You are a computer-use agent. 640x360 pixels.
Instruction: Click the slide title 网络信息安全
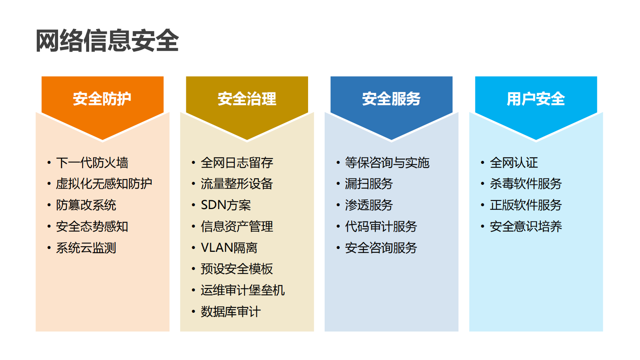click(x=107, y=41)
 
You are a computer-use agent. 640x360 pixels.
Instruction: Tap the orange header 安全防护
click(x=102, y=99)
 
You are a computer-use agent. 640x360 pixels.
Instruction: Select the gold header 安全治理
click(x=247, y=99)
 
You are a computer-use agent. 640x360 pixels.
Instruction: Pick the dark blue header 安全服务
click(x=391, y=99)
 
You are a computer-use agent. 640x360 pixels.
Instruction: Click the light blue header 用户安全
click(x=536, y=99)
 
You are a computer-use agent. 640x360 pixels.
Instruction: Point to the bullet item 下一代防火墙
click(x=92, y=163)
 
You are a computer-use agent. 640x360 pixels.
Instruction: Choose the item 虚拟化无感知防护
click(x=104, y=184)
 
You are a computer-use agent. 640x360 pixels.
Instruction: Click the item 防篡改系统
click(x=86, y=205)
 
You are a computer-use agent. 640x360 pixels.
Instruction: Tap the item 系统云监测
click(x=86, y=248)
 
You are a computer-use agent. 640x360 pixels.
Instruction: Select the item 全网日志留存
click(x=237, y=163)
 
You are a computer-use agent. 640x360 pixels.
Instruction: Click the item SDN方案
click(x=226, y=205)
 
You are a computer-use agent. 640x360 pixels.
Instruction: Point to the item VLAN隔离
click(x=229, y=248)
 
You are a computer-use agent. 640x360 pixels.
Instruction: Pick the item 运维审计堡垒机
click(x=242, y=290)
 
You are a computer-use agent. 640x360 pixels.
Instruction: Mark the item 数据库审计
click(x=231, y=312)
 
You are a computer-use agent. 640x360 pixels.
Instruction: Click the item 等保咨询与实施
click(x=387, y=163)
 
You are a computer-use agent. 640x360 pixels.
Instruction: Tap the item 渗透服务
click(x=369, y=205)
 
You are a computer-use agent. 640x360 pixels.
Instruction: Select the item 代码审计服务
click(x=381, y=226)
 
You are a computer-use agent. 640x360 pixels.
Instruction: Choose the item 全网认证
click(x=514, y=163)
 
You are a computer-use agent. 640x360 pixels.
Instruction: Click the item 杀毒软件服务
click(x=525, y=184)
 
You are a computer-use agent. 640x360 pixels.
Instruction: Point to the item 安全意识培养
click(x=525, y=226)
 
